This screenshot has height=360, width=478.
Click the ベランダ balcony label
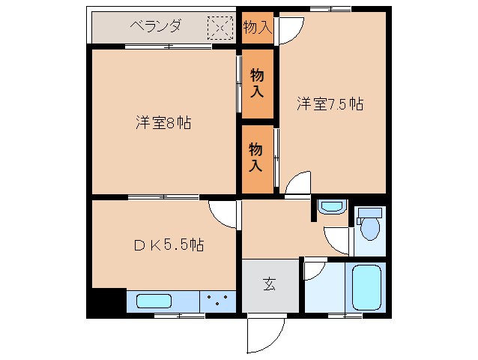pyautogui.click(x=156, y=26)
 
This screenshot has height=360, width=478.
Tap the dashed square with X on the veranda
pyautogui.click(x=220, y=28)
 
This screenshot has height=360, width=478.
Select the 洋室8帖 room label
pyautogui.click(x=163, y=123)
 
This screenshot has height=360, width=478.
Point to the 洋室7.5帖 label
pyautogui.click(x=330, y=103)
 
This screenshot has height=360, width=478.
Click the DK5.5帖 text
pyautogui.click(x=169, y=244)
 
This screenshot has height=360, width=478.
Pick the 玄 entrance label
pyautogui.click(x=270, y=284)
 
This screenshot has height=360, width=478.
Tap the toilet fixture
pyautogui.click(x=369, y=223)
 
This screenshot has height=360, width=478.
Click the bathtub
pyautogui.click(x=366, y=288)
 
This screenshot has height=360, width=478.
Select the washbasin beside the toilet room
pyautogui.click(x=332, y=207)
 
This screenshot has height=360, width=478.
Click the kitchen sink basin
pyautogui.click(x=154, y=301)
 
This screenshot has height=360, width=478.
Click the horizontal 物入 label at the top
pyautogui.click(x=257, y=28)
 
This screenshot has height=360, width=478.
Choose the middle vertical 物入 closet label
pyautogui.click(x=257, y=83)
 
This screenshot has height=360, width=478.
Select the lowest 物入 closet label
pyautogui.click(x=255, y=157)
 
